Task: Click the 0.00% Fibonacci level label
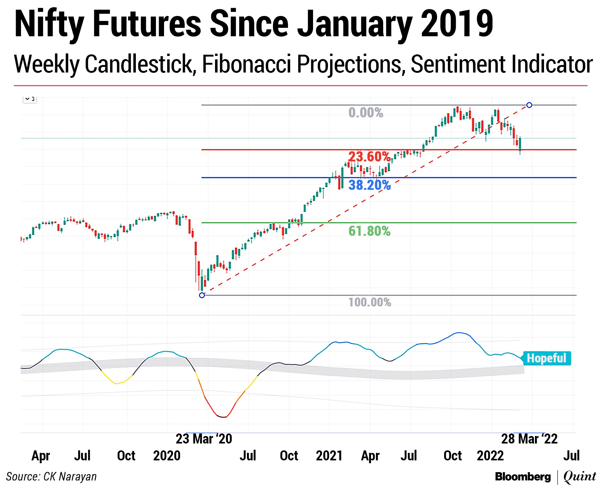pyautogui.click(x=366, y=113)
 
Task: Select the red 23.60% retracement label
pyautogui.click(x=369, y=157)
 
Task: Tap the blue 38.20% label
pyautogui.click(x=369, y=185)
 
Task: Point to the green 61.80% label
pyautogui.click(x=369, y=231)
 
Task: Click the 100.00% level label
pyautogui.click(x=370, y=302)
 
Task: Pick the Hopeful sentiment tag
pyautogui.click(x=546, y=358)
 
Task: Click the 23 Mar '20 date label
pyautogui.click(x=204, y=439)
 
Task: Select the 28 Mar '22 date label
pyautogui.click(x=529, y=439)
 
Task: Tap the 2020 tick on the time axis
pyautogui.click(x=167, y=456)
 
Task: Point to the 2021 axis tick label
pyautogui.click(x=329, y=456)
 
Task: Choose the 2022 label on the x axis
pyautogui.click(x=490, y=456)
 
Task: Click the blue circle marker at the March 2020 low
pyautogui.click(x=202, y=295)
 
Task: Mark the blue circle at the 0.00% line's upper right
pyautogui.click(x=529, y=105)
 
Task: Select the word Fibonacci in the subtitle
pyautogui.click(x=247, y=64)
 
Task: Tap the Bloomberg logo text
pyautogui.click(x=523, y=477)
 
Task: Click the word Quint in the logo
pyautogui.click(x=580, y=477)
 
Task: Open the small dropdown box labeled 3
pyautogui.click(x=30, y=99)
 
